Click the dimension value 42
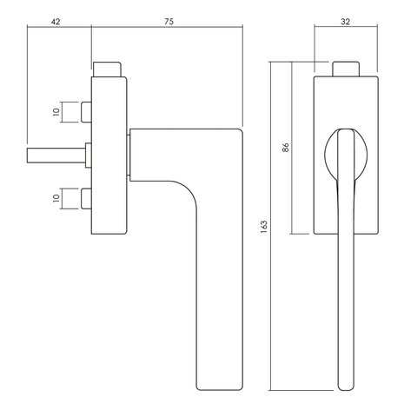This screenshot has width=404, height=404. (56, 22)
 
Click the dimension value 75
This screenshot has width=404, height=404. (169, 22)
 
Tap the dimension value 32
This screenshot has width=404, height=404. (345, 22)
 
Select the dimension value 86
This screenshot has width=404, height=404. (286, 148)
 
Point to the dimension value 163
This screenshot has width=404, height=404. (264, 227)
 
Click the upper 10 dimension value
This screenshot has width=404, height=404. (56, 112)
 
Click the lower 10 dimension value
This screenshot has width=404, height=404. (56, 198)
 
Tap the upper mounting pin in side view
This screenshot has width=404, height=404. (86, 112)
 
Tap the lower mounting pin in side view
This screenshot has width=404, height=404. (86, 199)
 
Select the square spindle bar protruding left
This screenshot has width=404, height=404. (56, 156)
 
